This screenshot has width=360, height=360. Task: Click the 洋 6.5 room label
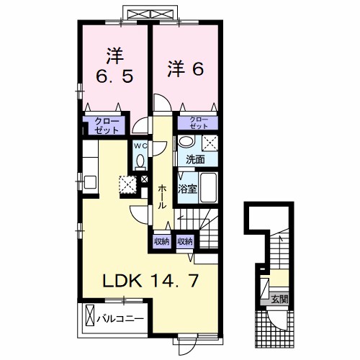pyautogui.click(x=114, y=66)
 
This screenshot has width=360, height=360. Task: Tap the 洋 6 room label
pyautogui.click(x=186, y=69)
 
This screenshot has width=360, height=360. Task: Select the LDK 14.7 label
pyautogui.click(x=150, y=281)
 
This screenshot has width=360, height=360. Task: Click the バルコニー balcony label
pyautogui.click(x=120, y=319)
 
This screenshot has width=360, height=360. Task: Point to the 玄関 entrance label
pyautogui.click(x=279, y=299)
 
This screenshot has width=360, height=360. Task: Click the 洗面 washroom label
pyautogui.click(x=195, y=159)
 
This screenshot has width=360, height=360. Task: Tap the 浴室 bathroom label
pyautogui.click(x=187, y=189)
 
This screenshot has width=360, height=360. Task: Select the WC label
pyautogui.click(x=140, y=145)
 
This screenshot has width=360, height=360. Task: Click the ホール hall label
pyautogui.click(x=163, y=197)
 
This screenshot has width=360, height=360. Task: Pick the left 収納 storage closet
pyautogui.click(x=162, y=242)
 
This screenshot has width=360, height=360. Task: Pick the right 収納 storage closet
pyautogui.click(x=185, y=242)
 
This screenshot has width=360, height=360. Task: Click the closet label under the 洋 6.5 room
pyautogui.click(x=107, y=125)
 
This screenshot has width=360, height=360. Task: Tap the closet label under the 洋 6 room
pyautogui.click(x=199, y=123)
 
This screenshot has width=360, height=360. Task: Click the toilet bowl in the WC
pyautogui.click(x=140, y=161)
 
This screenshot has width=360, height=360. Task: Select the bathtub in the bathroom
pyautogui.click(x=209, y=188)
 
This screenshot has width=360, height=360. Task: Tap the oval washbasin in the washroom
pyautogui.click(x=186, y=141)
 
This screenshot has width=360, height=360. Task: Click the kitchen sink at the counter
pyautogui.click(x=90, y=182)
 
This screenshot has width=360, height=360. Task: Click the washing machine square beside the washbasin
pyautogui.click(x=210, y=143)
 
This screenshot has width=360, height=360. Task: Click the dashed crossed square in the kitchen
pyautogui.click(x=127, y=184)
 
